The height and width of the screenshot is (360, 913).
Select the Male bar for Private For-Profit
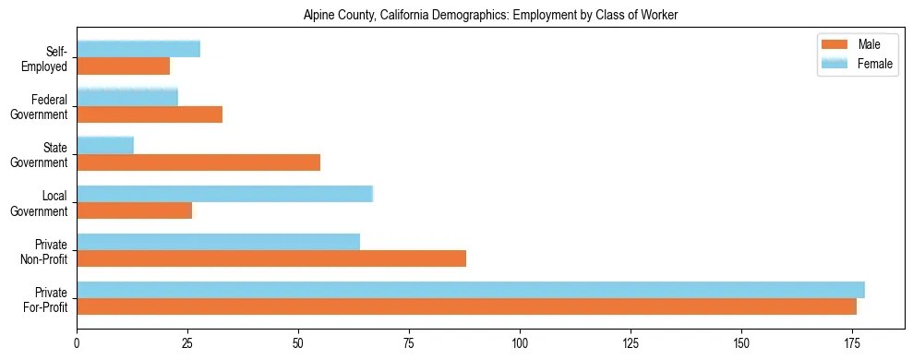[x=466, y=306]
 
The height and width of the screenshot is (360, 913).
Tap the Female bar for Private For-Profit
[x=471, y=290]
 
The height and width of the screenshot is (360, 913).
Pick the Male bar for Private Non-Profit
[x=271, y=258]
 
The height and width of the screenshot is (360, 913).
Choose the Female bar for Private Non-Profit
[x=218, y=242]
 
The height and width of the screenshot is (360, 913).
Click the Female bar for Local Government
[x=224, y=194]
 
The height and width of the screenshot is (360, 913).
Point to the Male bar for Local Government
[x=134, y=210]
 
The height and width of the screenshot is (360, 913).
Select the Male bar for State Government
[x=198, y=162]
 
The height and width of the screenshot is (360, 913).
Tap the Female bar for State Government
[x=105, y=146]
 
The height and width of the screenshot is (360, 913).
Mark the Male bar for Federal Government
[x=150, y=114]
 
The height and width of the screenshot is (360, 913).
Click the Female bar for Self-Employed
[x=138, y=49]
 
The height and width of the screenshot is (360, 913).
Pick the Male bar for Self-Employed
[x=123, y=66]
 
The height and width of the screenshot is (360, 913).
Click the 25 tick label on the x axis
[x=187, y=342]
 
